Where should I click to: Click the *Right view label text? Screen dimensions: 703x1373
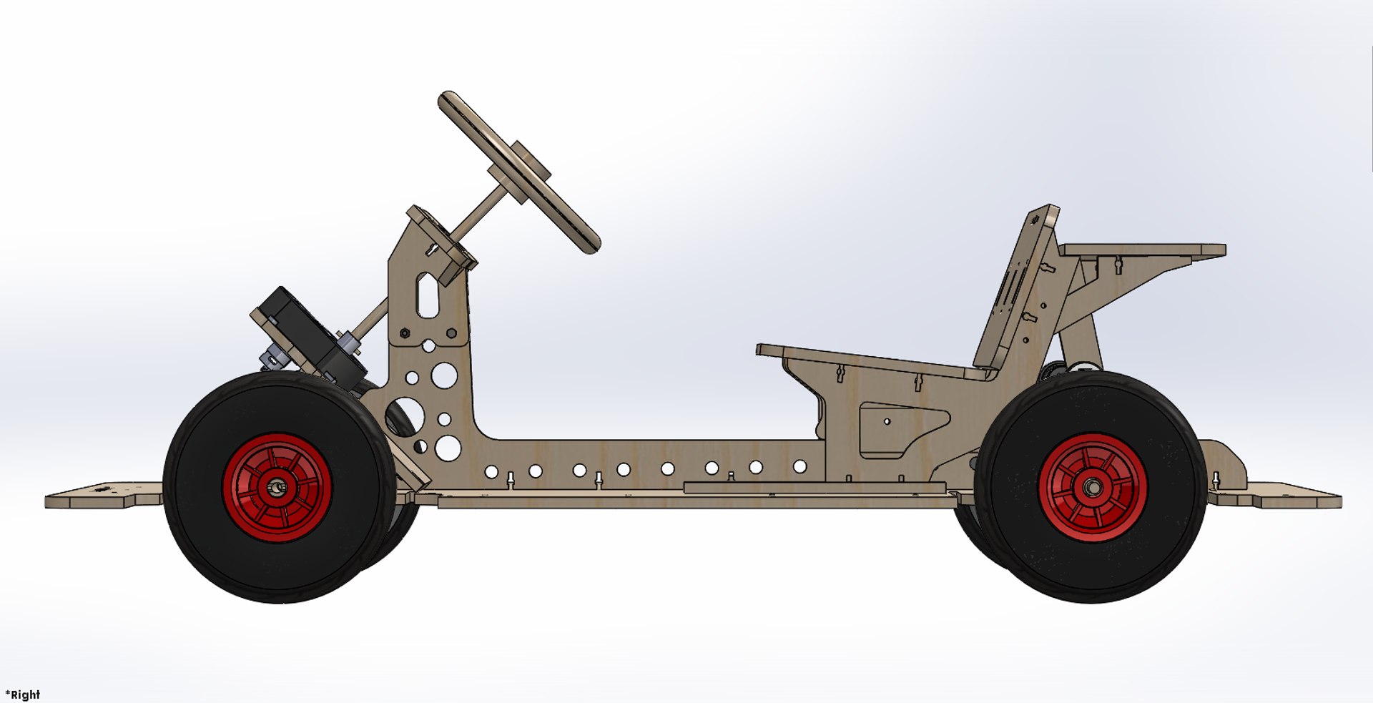point(23,694)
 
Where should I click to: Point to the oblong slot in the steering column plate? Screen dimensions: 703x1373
point(428,295)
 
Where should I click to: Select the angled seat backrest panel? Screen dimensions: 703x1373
point(1015,293)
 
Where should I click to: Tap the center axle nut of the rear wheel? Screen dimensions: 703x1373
point(1092,487)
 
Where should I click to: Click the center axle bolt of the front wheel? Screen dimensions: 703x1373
point(276,487)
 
